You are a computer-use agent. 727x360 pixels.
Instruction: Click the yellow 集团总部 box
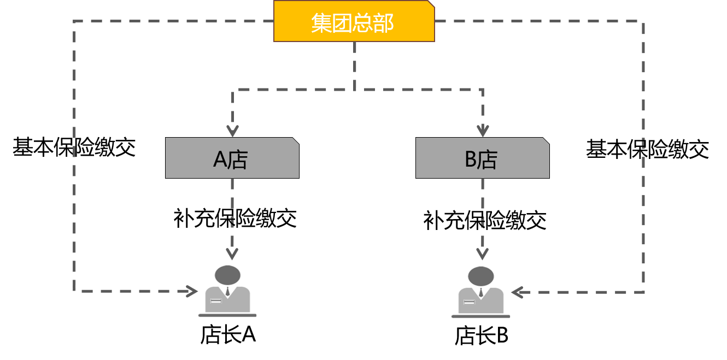(x=354, y=21)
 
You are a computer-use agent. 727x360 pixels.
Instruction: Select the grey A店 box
(x=232, y=158)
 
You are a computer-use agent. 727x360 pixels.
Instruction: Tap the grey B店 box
(x=482, y=158)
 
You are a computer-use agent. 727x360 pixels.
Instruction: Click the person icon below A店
(x=227, y=291)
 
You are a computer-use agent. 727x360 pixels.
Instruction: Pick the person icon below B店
(x=480, y=292)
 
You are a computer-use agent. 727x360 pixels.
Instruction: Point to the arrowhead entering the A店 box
(x=233, y=132)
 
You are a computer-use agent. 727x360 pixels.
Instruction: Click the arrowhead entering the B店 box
(x=482, y=132)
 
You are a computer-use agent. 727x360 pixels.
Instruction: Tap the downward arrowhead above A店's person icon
(x=232, y=255)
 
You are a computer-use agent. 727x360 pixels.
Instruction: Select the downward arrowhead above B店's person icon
(x=482, y=255)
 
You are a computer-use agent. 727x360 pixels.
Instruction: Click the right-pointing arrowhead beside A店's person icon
(x=192, y=291)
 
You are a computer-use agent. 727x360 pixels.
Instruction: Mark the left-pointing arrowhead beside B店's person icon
(x=517, y=292)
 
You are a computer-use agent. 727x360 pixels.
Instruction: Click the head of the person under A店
(x=227, y=275)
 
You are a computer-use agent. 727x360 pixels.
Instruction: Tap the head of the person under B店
(x=480, y=276)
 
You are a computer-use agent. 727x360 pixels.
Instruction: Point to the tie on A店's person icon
(x=227, y=291)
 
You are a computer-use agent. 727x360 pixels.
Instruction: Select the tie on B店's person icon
(x=481, y=292)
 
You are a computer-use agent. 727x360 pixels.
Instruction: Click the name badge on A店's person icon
(x=216, y=301)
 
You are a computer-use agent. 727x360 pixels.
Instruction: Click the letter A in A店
(x=220, y=160)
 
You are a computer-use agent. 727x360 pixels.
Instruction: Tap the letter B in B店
(x=471, y=160)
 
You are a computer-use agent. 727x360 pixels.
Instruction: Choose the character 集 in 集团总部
(x=321, y=23)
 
